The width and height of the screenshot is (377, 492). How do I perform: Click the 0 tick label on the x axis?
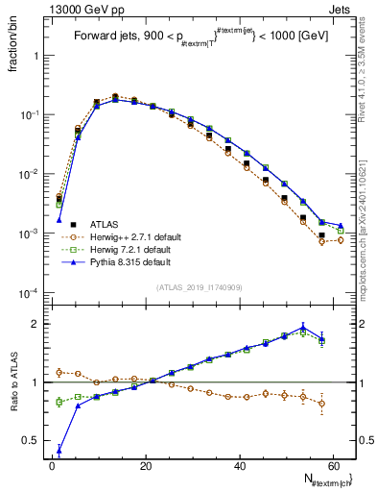coord(52,469)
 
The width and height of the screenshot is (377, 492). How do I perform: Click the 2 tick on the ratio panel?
coord(35,324)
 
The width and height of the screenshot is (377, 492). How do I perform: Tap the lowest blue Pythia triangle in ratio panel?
coord(59,449)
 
